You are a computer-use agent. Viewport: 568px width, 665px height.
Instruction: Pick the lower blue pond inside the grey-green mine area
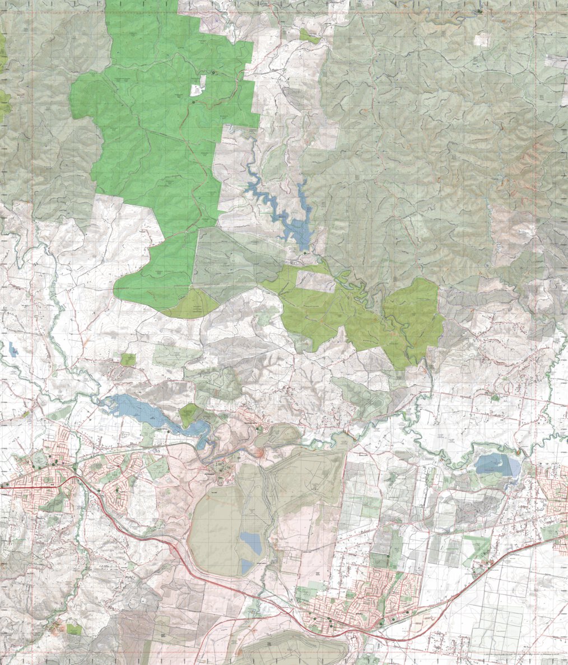point(247,566)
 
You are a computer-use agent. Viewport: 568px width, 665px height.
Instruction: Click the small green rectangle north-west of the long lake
point(128,359)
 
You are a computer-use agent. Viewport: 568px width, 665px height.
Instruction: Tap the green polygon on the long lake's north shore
point(189,414)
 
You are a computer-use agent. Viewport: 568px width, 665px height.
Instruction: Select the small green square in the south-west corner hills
point(73,629)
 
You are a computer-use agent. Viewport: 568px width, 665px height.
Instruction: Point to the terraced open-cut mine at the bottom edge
point(291,649)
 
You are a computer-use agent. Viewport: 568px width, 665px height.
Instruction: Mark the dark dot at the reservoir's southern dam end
point(305,253)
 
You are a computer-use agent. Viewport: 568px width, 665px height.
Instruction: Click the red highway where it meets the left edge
point(2,487)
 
